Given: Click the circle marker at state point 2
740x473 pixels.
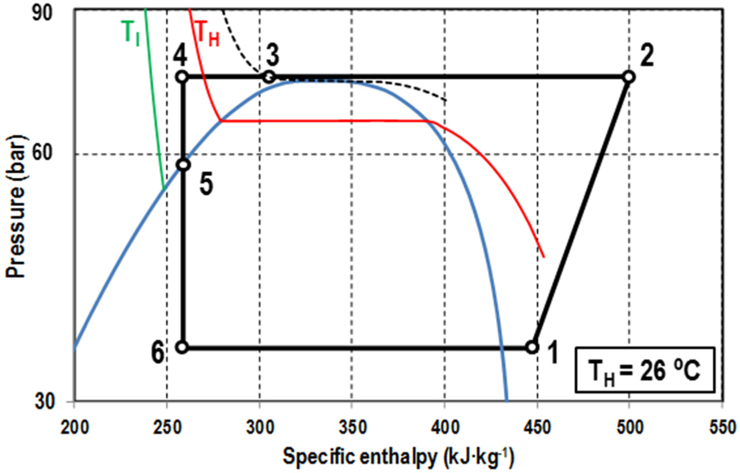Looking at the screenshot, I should [629, 77].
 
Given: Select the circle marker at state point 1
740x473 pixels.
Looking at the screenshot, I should [532, 347].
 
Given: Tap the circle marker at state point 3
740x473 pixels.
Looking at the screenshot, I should [269, 77].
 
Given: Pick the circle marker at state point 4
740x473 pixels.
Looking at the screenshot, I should [182, 77].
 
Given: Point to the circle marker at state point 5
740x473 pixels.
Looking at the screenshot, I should [184, 165].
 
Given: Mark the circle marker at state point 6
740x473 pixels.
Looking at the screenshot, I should [182, 347].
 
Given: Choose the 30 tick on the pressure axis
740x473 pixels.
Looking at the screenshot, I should [44, 402].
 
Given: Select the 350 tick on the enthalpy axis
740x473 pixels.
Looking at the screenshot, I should [352, 428].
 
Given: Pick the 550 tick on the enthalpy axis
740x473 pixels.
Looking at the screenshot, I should [722, 428].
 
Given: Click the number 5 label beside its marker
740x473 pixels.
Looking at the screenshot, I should [206, 184].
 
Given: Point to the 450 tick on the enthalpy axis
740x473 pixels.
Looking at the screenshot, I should [537, 428].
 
